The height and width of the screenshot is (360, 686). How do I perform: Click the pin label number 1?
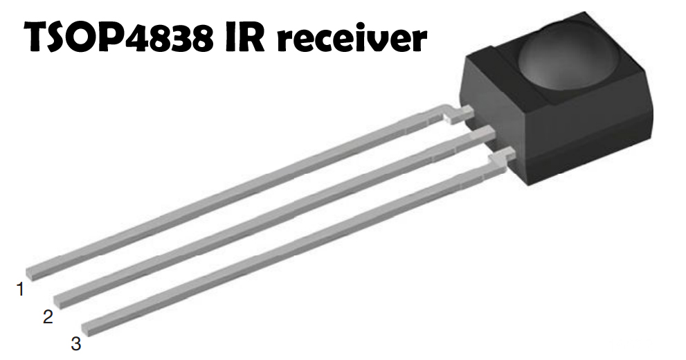point(21,289)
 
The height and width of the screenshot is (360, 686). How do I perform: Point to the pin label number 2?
point(48,317)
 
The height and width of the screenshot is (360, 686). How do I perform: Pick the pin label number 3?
point(76,343)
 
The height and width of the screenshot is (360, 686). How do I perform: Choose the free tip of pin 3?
point(89,326)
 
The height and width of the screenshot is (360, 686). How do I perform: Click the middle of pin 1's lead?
point(235,192)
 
